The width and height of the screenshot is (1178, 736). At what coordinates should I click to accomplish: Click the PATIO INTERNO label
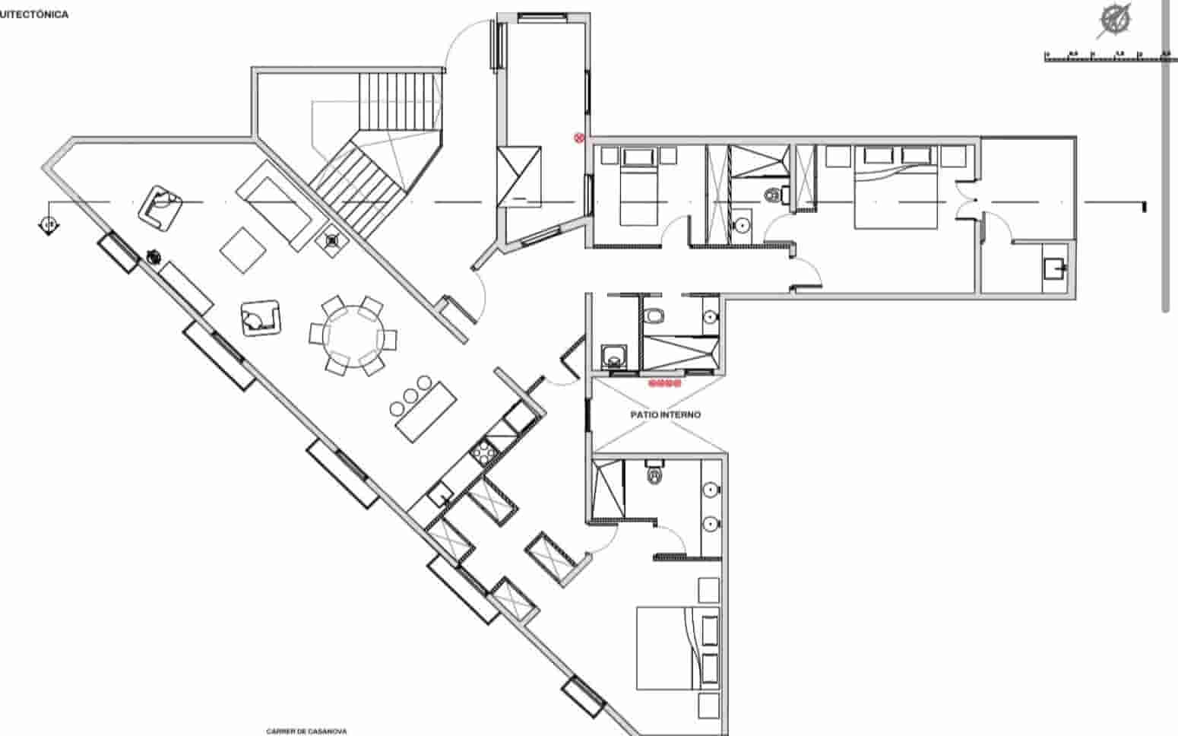[665, 415]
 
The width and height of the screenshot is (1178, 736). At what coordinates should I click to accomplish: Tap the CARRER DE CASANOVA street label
[306, 731]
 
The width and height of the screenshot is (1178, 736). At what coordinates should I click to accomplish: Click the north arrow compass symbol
[1116, 20]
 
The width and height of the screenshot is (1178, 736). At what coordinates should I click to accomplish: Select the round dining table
[353, 335]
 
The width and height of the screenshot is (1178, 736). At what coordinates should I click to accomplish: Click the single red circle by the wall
[579, 138]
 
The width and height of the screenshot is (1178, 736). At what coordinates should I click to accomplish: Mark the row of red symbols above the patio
[664, 383]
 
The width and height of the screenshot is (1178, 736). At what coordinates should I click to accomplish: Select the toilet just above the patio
[653, 316]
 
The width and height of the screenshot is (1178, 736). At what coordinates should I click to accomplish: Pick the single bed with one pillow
[638, 188]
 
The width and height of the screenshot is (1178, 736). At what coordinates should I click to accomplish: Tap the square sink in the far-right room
[1054, 268]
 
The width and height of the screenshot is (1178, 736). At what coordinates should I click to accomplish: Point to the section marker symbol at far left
[49, 225]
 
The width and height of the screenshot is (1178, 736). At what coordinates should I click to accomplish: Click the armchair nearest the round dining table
[261, 318]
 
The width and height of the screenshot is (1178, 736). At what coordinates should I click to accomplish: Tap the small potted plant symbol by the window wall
[154, 257]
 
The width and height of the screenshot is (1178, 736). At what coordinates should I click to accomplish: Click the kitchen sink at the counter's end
[439, 496]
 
